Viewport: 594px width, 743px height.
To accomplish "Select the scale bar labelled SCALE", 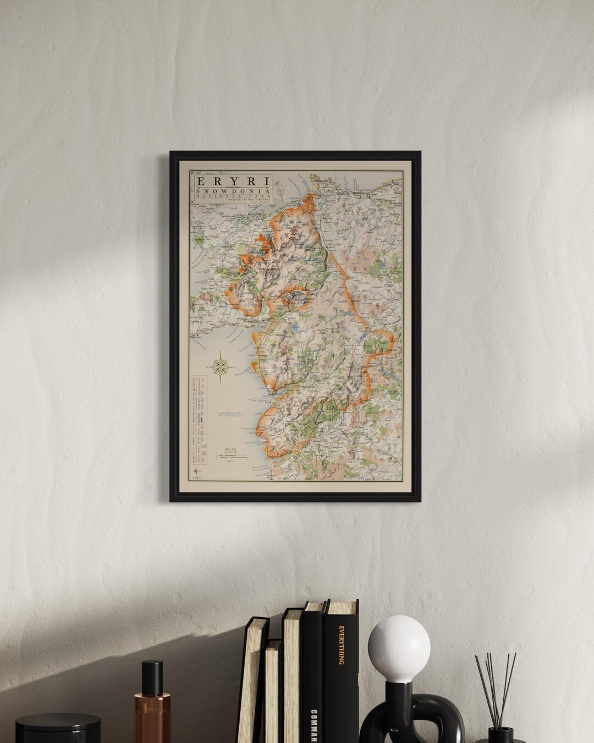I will pos(230,454).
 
